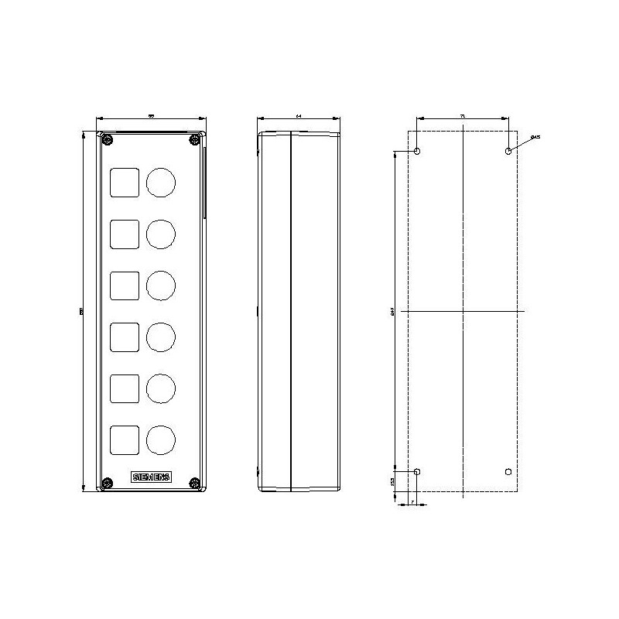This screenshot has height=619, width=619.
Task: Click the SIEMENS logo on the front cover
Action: tap(152, 477)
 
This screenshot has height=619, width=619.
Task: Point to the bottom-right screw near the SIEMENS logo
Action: tap(195, 484)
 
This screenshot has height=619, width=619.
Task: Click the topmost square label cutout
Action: tap(125, 182)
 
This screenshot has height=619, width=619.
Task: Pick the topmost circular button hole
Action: tap(161, 182)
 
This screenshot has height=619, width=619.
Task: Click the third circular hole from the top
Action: tap(161, 285)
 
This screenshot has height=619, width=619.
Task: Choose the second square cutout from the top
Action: tap(125, 234)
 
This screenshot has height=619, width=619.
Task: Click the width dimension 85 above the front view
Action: tap(152, 115)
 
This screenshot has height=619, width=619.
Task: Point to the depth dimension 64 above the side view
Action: tap(299, 115)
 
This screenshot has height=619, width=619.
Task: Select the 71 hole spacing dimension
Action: tap(463, 115)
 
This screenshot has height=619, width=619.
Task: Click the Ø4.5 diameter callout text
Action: tap(535, 137)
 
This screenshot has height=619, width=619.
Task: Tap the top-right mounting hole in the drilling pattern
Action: tap(508, 151)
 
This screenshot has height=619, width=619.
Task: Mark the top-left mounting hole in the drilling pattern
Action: tap(418, 151)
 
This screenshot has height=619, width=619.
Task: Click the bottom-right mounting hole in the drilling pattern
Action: tap(508, 472)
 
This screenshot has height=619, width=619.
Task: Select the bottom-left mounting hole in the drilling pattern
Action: tap(418, 472)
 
